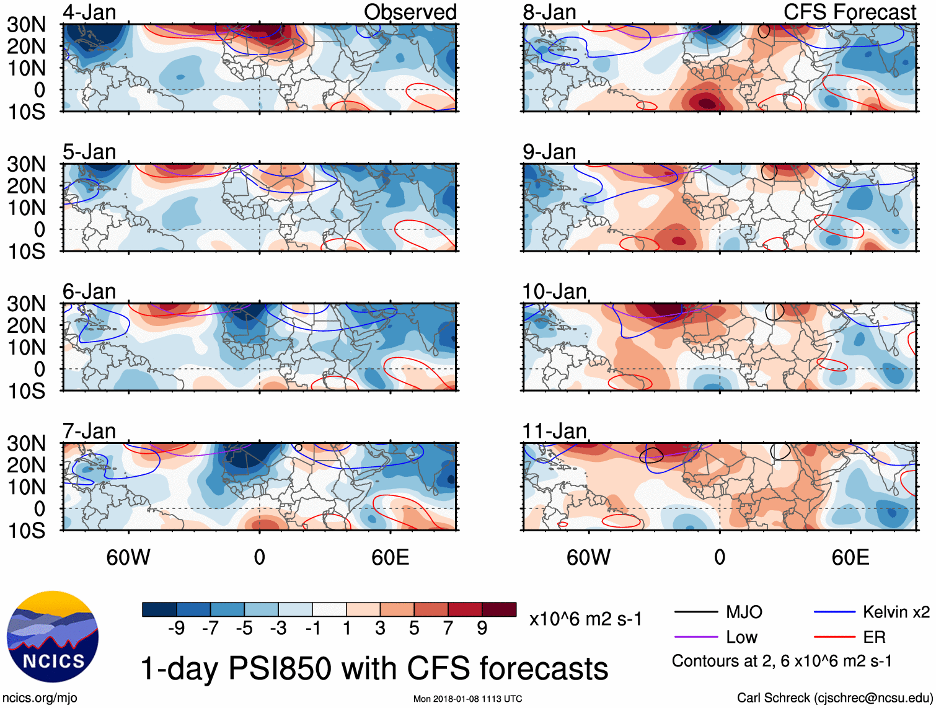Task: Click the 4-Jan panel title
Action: [x=89, y=12]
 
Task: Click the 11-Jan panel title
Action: [x=554, y=431]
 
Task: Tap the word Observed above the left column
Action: [x=410, y=12]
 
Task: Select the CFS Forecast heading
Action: [x=849, y=12]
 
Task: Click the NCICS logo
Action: [x=53, y=637]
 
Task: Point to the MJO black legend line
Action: [x=695, y=613]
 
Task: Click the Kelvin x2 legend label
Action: [x=896, y=613]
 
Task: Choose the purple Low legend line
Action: [x=695, y=637]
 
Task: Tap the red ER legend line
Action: [x=834, y=637]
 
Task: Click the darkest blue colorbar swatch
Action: [x=159, y=609]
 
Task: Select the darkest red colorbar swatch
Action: [x=499, y=609]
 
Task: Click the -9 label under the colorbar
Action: [x=176, y=629]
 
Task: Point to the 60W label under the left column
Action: [x=128, y=557]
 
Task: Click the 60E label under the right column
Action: [x=850, y=557]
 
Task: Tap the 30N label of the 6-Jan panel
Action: [x=26, y=304]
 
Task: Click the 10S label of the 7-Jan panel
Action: [x=26, y=531]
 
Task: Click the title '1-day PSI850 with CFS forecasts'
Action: [x=374, y=668]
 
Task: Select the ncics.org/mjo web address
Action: [x=40, y=698]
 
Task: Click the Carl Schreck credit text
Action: [x=834, y=698]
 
